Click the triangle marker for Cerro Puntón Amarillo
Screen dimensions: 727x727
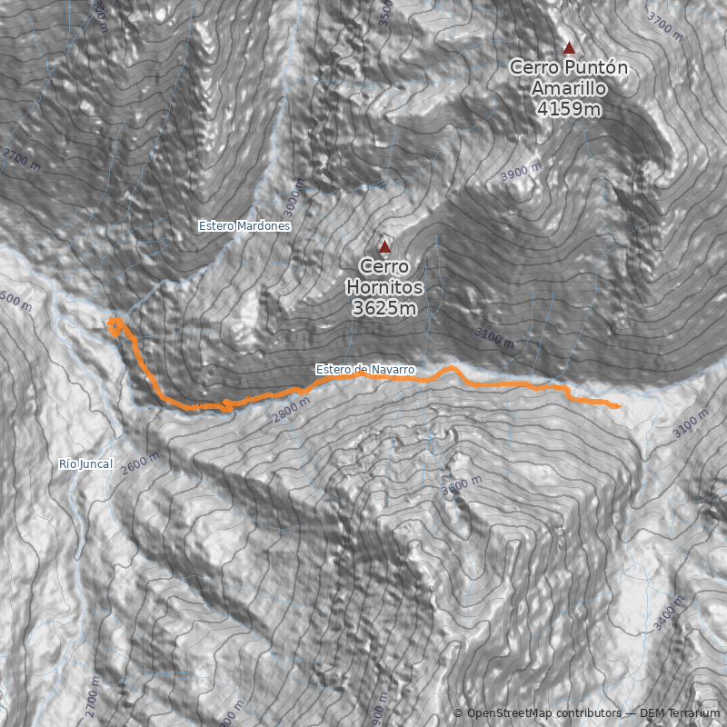(x=570, y=48)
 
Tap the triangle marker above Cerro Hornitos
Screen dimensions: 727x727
(x=384, y=246)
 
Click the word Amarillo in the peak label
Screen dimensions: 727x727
(x=569, y=88)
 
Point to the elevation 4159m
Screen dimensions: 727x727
(x=569, y=109)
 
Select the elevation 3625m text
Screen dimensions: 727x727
(x=384, y=308)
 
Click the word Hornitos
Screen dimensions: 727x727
(x=384, y=287)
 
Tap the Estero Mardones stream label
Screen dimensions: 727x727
(x=244, y=225)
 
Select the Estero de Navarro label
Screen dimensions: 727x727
(x=365, y=370)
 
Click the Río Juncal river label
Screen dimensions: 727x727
(x=85, y=464)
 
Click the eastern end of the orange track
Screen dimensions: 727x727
(x=618, y=406)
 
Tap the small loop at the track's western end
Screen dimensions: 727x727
(x=115, y=324)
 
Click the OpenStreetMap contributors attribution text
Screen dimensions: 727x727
(x=543, y=713)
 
